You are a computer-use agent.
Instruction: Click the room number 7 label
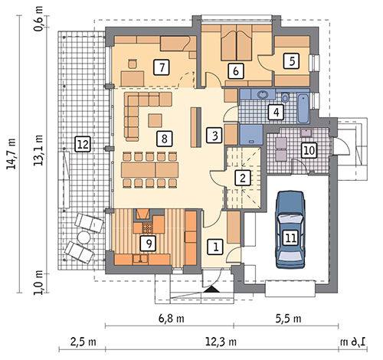pos(162,67)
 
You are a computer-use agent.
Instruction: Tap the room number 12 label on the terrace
pos(83,144)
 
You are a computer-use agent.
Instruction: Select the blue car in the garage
pos(290,230)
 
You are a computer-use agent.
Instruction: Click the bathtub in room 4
pos(303,109)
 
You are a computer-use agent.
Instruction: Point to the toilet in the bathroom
pos(285,97)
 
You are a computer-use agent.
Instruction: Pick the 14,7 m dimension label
pos(11,154)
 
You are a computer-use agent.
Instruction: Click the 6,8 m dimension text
pos(172,319)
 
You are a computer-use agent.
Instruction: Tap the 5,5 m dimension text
pos(289,319)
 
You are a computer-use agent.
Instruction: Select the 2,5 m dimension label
pos(83,342)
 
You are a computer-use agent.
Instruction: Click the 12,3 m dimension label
pos(221,342)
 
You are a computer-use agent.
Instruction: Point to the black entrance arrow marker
pos(211,290)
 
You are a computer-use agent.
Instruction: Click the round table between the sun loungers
pos(83,237)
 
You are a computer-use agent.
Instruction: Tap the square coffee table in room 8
pos(155,120)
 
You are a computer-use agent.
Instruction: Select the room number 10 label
pos(309,150)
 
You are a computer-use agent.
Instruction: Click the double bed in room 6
pos(237,43)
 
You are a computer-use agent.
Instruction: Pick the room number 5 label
pos(291,61)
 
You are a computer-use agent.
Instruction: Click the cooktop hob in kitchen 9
pos(147,227)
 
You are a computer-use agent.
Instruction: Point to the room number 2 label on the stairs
pos(242,178)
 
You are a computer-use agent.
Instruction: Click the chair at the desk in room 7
pos(133,64)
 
